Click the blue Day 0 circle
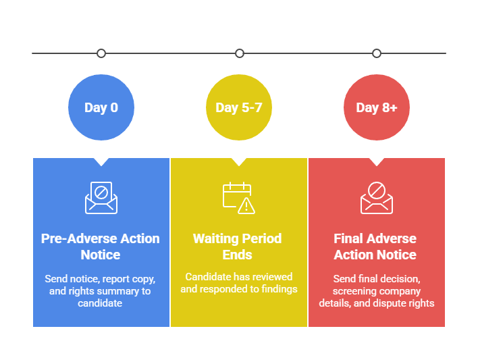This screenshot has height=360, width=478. point(101,107)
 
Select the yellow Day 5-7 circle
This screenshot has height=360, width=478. point(239,107)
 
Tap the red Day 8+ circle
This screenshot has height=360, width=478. point(377,107)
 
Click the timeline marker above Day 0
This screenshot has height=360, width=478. point(101,53)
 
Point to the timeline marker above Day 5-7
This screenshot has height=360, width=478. point(239,53)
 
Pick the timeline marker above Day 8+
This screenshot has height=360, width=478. point(377,53)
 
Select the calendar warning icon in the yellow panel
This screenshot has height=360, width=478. point(239,197)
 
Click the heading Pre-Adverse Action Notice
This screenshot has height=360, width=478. point(101,247)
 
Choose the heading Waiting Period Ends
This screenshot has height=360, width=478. point(238,247)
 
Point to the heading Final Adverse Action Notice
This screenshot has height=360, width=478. point(375,247)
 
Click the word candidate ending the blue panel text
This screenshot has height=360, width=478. point(100,303)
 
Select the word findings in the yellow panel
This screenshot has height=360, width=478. point(279,289)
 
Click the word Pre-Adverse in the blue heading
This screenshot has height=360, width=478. point(77,238)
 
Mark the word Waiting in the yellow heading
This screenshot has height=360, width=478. point(215,238)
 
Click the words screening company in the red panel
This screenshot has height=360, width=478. point(377,291)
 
